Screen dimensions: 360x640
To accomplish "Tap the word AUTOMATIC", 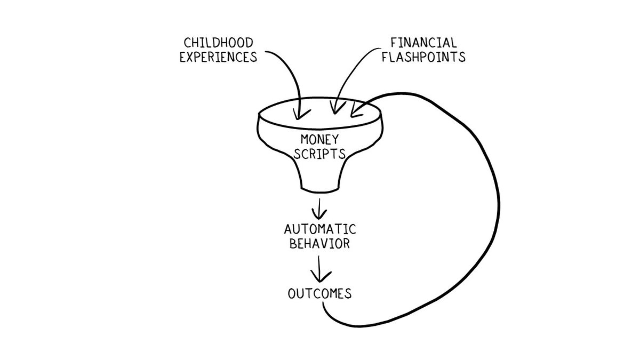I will (x=319, y=230).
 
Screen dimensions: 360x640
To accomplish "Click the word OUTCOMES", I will (x=319, y=293).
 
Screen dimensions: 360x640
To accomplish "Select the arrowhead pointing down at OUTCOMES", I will (x=319, y=278).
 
